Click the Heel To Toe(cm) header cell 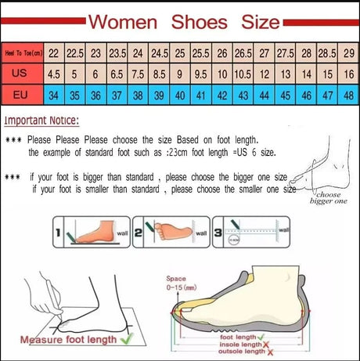click(x=23, y=53)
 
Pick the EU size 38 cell click(x=138, y=96)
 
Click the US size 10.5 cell click(x=243, y=74)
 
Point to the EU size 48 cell click(x=347, y=96)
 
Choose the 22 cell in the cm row click(x=54, y=53)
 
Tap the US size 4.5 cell click(x=54, y=74)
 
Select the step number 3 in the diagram click(x=218, y=233)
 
